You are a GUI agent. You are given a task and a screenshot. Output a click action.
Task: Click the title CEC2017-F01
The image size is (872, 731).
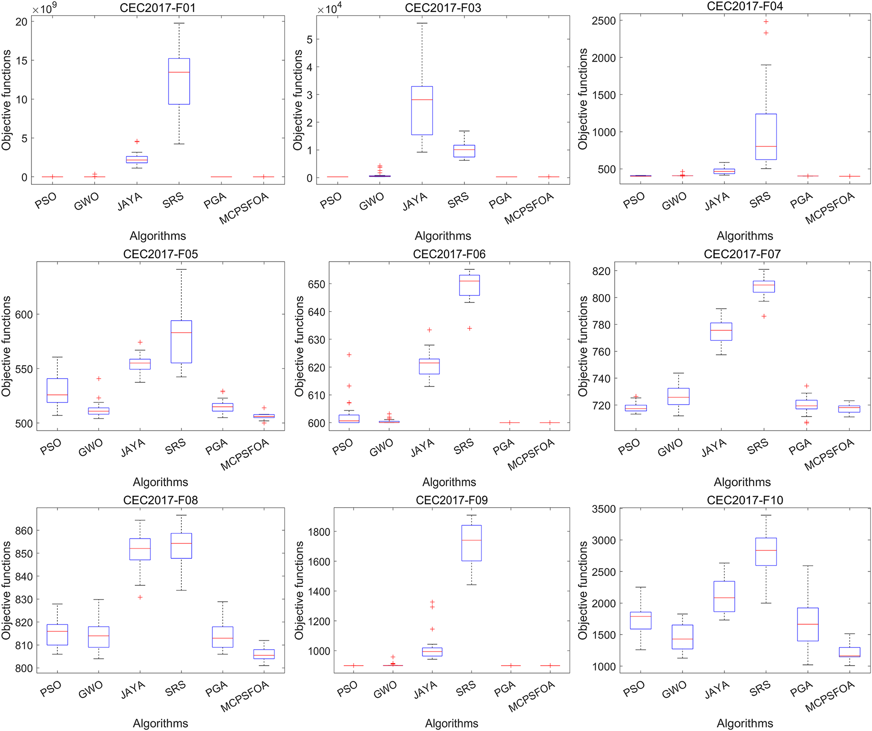pyautogui.click(x=158, y=8)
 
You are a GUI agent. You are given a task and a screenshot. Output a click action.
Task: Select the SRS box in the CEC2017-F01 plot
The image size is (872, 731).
pyautogui.click(x=179, y=81)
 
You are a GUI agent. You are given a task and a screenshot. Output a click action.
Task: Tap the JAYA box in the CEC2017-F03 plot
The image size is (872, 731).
pyautogui.click(x=422, y=110)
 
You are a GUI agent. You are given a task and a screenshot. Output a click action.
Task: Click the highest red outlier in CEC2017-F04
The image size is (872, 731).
pyautogui.click(x=766, y=22)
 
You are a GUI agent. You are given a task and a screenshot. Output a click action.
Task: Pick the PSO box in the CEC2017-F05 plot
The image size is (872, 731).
pyautogui.click(x=57, y=391)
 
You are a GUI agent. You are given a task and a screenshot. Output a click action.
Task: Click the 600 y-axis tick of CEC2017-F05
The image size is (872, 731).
pyautogui.click(x=24, y=315)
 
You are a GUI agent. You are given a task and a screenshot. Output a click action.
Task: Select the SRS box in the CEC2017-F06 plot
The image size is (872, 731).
pyautogui.click(x=469, y=285)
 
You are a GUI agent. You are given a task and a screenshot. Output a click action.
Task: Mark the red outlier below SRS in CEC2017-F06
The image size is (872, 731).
pyautogui.click(x=469, y=329)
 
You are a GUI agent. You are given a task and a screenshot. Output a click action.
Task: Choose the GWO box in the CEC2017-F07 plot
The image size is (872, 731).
pyautogui.click(x=678, y=396)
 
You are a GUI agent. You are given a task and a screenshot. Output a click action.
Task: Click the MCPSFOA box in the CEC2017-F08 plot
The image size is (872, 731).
pyautogui.click(x=264, y=654)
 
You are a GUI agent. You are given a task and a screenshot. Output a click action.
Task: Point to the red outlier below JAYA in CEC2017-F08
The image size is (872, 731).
pyautogui.click(x=141, y=597)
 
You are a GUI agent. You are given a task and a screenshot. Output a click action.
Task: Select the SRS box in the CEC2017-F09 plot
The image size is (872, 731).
pyautogui.click(x=471, y=543)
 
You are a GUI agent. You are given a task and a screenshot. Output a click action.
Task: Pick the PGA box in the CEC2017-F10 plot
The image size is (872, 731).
pyautogui.click(x=808, y=624)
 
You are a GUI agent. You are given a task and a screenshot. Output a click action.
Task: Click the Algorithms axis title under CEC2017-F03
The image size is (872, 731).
pyautogui.click(x=443, y=236)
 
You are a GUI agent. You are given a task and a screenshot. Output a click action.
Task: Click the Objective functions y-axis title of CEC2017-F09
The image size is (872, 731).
pyautogui.click(x=299, y=590)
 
